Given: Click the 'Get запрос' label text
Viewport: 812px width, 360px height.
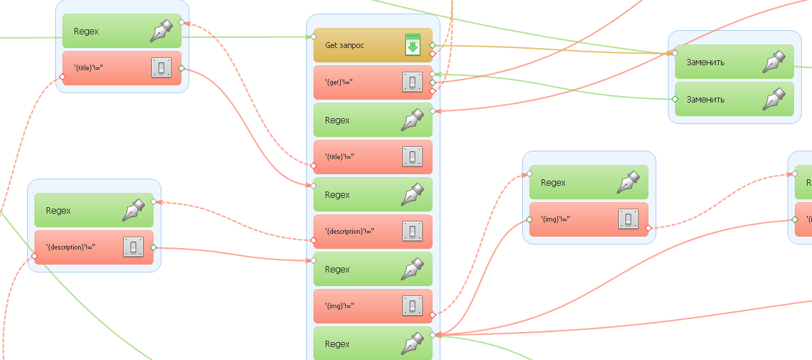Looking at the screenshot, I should click(x=344, y=45).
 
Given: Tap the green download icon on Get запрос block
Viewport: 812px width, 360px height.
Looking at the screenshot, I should click(x=412, y=44).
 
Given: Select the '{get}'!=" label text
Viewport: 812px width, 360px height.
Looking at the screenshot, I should click(x=339, y=82).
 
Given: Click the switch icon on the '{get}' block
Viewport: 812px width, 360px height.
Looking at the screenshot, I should click(x=412, y=82).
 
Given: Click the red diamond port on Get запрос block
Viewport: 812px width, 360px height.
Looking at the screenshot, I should click(x=433, y=54).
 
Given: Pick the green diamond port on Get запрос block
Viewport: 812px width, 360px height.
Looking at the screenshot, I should click(x=433, y=45).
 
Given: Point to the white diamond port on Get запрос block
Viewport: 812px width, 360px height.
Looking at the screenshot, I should click(x=313, y=37).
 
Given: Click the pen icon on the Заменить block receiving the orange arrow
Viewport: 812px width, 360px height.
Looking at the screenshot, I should click(x=773, y=62).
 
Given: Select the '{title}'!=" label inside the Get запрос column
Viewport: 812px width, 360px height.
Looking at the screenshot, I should click(x=340, y=157).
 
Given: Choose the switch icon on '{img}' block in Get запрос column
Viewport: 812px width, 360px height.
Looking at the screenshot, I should click(x=412, y=306).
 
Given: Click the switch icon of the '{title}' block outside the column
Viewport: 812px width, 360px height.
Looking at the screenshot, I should click(x=161, y=68).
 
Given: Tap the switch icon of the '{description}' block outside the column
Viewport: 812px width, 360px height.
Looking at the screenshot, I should click(x=133, y=247).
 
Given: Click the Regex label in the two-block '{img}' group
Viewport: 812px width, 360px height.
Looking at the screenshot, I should click(x=553, y=183).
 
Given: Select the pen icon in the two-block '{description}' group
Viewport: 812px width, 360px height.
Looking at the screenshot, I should click(x=133, y=210).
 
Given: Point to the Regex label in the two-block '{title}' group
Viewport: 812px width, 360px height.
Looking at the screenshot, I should click(x=86, y=32).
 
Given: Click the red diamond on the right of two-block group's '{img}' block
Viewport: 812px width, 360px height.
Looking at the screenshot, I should click(x=648, y=228).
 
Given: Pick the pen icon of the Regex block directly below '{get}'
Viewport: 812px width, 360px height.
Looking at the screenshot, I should click(x=412, y=120).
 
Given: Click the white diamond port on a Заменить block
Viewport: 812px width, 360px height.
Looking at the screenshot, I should click(x=674, y=53).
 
